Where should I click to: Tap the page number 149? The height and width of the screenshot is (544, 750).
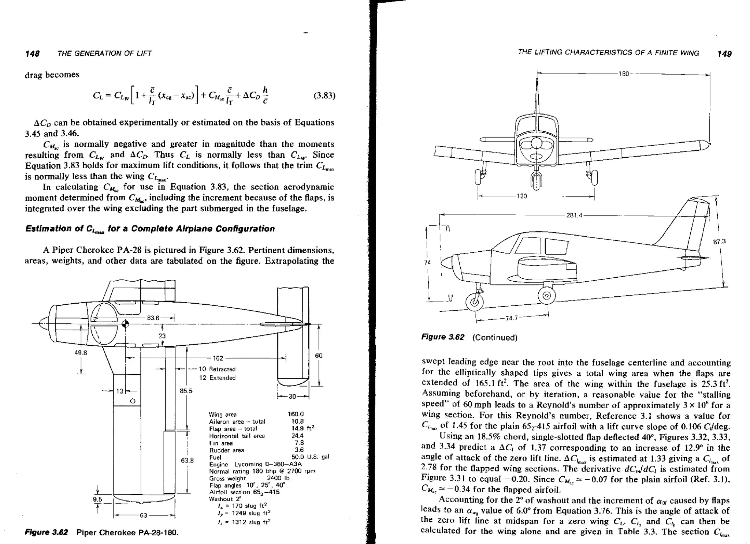click(x=724, y=54)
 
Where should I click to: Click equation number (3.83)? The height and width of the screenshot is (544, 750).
click(x=324, y=96)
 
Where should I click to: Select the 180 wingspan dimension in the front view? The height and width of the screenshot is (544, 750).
click(x=623, y=74)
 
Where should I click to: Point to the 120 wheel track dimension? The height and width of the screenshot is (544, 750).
click(x=521, y=196)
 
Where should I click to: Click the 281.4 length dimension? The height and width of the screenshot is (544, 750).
click(x=574, y=215)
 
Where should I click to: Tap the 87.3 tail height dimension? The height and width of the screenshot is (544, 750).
click(x=719, y=241)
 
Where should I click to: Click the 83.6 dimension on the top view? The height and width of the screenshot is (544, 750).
click(x=153, y=318)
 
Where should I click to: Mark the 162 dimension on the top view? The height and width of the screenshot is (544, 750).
click(x=218, y=358)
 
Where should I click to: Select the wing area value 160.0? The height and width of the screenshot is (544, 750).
click(x=296, y=414)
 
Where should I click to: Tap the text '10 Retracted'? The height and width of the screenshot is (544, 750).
click(x=217, y=369)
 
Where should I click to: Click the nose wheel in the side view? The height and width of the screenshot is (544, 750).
click(x=474, y=302)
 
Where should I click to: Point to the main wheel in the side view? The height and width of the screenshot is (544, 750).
click(x=546, y=296)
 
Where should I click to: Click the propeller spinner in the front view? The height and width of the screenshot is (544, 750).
click(x=536, y=143)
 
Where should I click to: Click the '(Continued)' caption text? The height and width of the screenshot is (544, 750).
click(x=495, y=337)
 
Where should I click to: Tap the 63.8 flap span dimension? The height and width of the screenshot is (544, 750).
click(x=187, y=460)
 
